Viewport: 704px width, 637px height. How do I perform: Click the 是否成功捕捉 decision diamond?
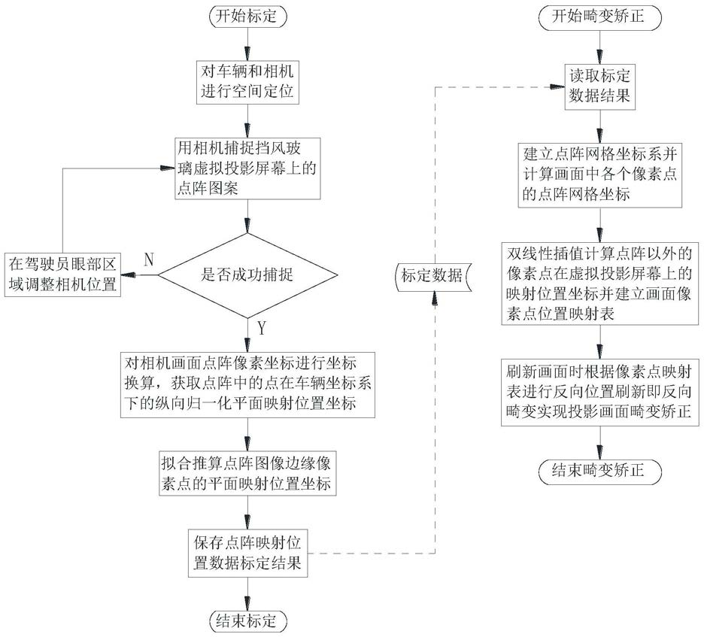247,275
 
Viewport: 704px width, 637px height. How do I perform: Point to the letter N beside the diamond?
148,260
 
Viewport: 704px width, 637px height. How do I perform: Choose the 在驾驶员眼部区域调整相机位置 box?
62,275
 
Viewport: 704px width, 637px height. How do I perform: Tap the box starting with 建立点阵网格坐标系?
599,174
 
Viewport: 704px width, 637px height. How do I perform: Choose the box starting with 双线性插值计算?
599,282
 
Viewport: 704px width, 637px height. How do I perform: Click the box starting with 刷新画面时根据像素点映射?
599,393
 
